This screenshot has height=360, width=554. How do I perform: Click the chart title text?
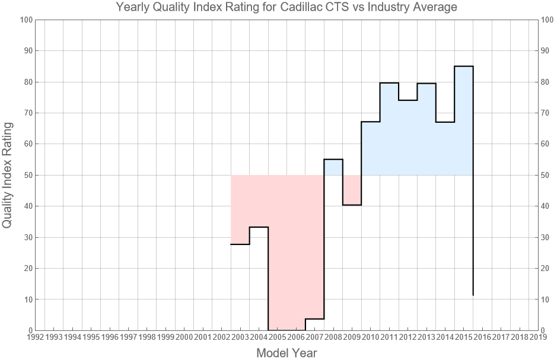click(x=286, y=8)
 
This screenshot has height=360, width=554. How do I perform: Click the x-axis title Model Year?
click(x=286, y=353)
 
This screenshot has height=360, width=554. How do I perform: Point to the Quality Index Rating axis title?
click(x=8, y=175)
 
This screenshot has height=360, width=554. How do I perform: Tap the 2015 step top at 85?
click(x=464, y=66)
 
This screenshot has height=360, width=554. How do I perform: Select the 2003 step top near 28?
click(x=240, y=244)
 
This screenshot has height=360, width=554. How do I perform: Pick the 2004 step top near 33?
click(x=259, y=227)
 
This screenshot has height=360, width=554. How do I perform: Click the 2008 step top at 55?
click(x=333, y=160)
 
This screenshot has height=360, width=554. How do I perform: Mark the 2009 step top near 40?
click(x=352, y=205)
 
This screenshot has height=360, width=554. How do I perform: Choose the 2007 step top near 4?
click(x=314, y=319)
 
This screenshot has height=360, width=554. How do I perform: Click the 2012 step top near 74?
click(x=407, y=100)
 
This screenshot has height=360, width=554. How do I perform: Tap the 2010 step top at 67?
click(x=371, y=122)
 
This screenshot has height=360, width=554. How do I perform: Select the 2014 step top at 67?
click(x=445, y=122)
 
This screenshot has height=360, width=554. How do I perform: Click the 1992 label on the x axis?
click(x=35, y=337)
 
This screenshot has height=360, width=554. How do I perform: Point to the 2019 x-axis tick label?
click(x=538, y=337)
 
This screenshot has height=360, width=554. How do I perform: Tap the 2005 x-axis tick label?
click(x=278, y=337)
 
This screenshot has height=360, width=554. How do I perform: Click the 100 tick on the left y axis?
click(x=26, y=20)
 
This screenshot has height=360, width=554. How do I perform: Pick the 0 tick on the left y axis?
click(x=29, y=330)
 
